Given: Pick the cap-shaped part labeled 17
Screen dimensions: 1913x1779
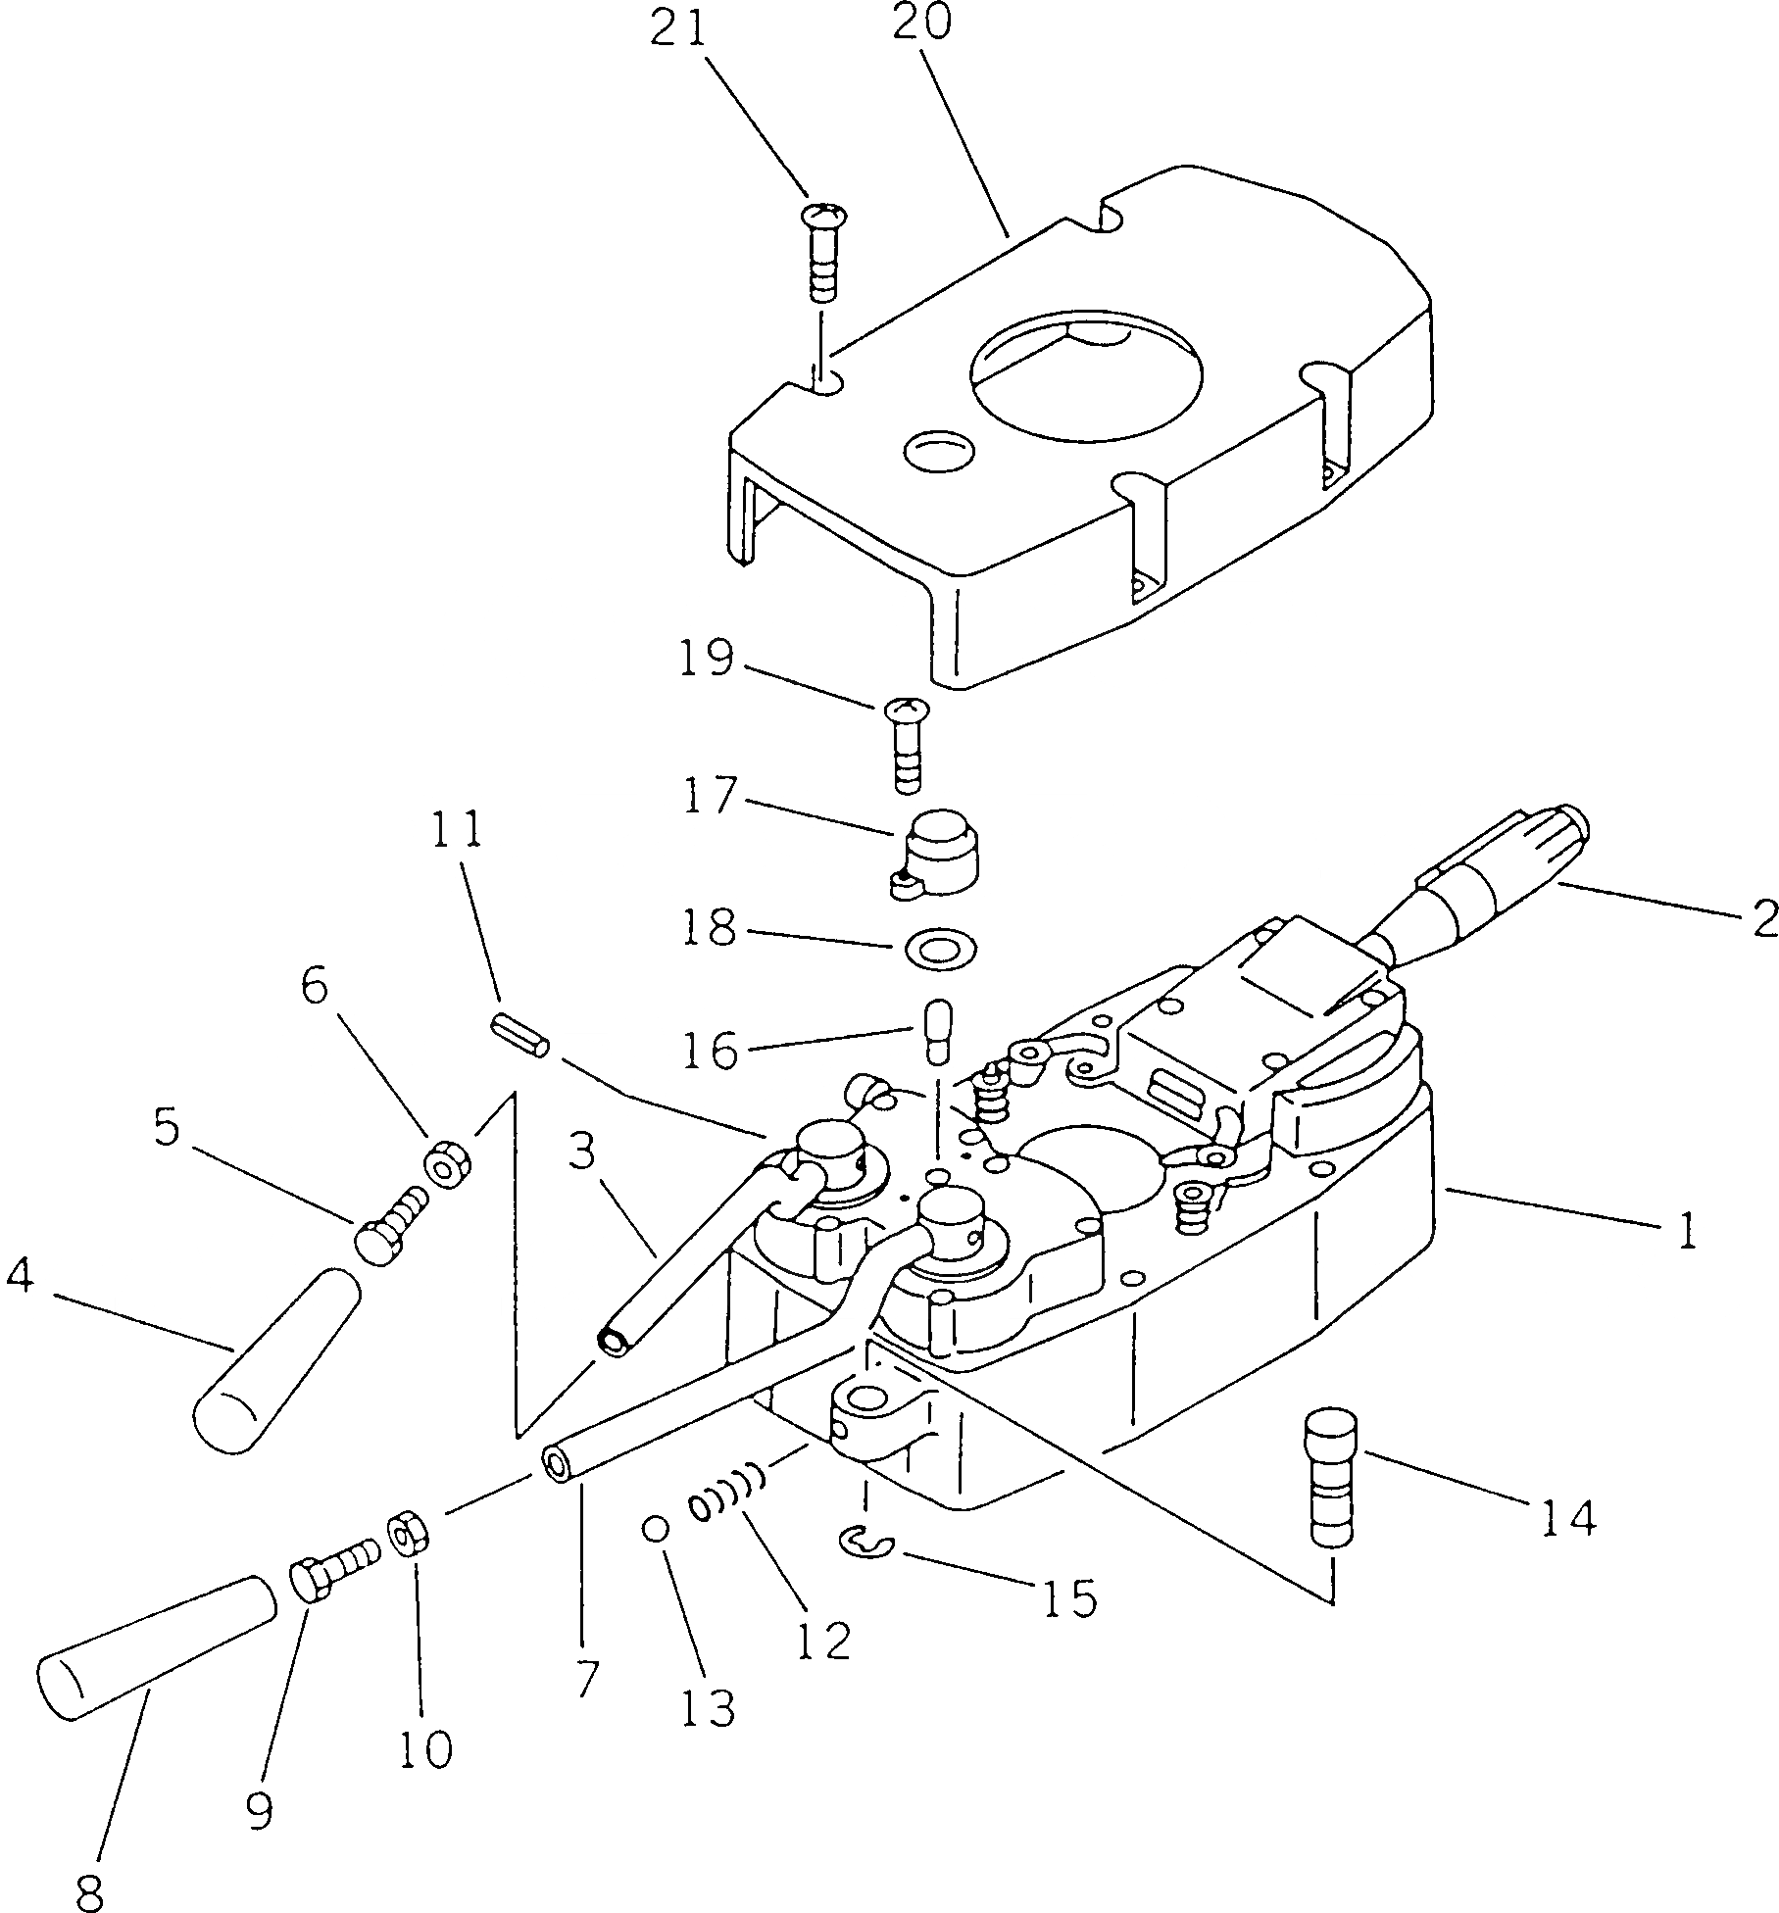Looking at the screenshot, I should pos(939,852).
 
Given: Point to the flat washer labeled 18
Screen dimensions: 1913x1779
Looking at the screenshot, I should pos(940,949).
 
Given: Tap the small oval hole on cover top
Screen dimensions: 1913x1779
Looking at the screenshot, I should pos(939,452).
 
